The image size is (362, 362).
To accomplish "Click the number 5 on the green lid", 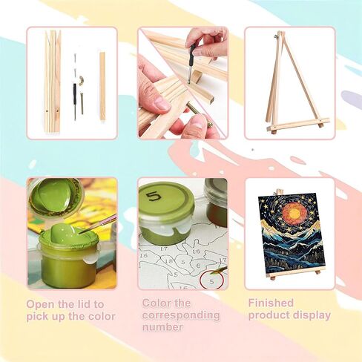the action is pyautogui.click(x=154, y=196).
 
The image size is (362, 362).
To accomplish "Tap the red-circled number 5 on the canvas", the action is pyautogui.click(x=211, y=281).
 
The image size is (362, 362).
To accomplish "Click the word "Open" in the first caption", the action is pyautogui.click(x=41, y=304).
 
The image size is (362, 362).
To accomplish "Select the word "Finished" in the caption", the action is pyautogui.click(x=271, y=303).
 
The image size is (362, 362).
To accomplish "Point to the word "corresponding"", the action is pyautogui.click(x=181, y=315).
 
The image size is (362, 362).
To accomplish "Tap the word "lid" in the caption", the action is pyautogui.click(x=82, y=304).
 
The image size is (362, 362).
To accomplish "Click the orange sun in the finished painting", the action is pyautogui.click(x=294, y=213).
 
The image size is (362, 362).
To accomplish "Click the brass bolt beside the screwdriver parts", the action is pyautogui.click(x=82, y=103).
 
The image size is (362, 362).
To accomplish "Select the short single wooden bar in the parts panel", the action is pyautogui.click(x=102, y=86).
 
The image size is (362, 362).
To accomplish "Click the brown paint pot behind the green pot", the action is pyautogui.click(x=215, y=202).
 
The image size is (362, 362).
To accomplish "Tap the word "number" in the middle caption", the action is pyautogui.click(x=162, y=327).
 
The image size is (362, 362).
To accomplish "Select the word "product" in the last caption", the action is pyautogui.click(x=269, y=316).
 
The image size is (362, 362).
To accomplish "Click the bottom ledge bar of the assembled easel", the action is pyautogui.click(x=298, y=125).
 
